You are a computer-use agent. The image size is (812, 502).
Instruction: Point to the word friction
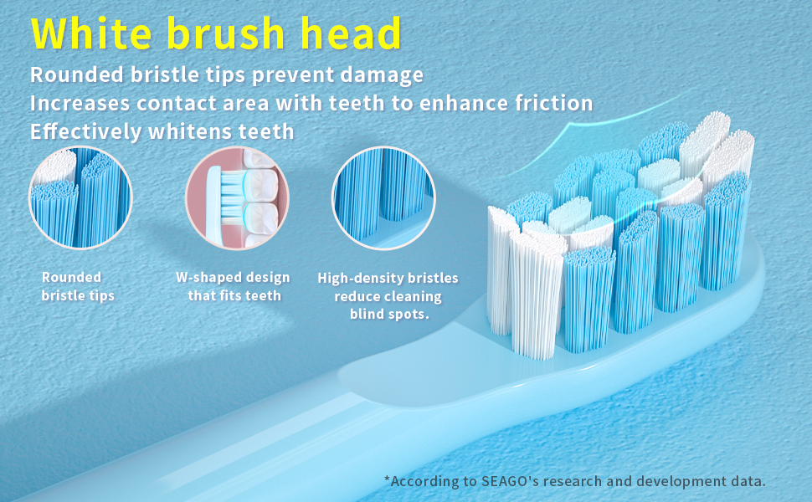point(550,104)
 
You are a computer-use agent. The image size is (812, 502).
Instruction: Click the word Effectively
point(85,132)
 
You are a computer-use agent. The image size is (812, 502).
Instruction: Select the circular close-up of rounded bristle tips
point(80,197)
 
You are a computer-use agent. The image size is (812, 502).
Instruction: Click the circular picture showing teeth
point(237,197)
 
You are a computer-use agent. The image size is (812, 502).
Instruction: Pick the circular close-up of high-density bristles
point(383,197)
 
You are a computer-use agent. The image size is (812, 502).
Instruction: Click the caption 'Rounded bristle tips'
point(78,286)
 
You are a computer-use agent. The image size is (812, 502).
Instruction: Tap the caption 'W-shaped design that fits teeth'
point(234,286)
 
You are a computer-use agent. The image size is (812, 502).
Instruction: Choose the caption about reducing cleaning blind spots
point(388,296)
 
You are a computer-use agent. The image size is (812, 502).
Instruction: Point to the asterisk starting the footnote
point(388,479)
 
